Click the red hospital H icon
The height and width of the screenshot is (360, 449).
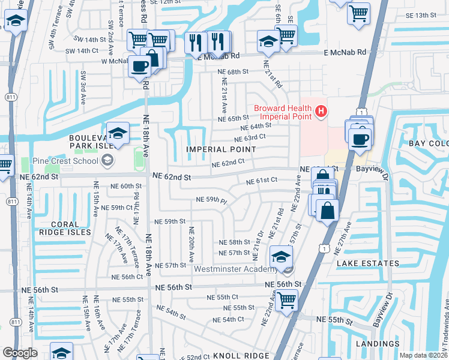pos(321,111)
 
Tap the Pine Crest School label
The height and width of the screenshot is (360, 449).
pos(67,160)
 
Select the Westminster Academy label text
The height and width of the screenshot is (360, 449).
pos(238,268)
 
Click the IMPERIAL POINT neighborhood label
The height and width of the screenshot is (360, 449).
pos(213,149)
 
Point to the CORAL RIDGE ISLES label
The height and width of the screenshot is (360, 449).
pos(65,227)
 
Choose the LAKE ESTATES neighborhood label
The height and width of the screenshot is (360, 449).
pos(367,263)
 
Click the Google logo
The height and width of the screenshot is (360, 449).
pos(20,353)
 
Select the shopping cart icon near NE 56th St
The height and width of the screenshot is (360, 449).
pos(286,298)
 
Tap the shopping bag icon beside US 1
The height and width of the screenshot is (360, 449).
pos(328,211)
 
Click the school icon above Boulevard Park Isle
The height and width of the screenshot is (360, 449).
pos(118,133)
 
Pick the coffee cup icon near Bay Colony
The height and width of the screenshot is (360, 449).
pos(360,139)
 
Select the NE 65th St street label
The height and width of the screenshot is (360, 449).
pos(234,118)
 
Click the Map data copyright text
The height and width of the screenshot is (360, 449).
pos(423,355)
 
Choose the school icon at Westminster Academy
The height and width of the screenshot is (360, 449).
pos(280,256)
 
